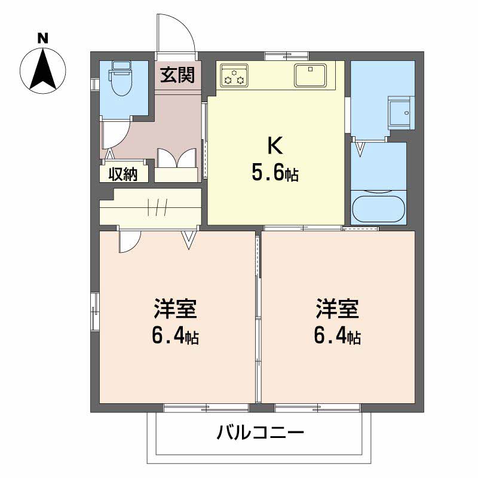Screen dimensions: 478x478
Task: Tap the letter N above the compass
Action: [42, 38]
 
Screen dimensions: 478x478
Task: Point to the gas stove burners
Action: [232, 76]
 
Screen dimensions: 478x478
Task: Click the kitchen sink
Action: [310, 75]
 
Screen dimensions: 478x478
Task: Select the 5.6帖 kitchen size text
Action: [275, 174]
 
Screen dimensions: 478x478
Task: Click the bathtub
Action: [379, 208]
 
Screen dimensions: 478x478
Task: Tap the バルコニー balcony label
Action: [261, 432]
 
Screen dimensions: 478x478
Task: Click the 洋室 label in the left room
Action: [176, 311]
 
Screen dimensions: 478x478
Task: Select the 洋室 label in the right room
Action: [337, 311]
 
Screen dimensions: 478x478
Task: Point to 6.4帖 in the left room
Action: [176, 338]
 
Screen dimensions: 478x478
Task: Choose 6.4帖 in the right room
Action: [337, 338]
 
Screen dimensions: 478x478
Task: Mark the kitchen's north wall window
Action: [283, 57]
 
